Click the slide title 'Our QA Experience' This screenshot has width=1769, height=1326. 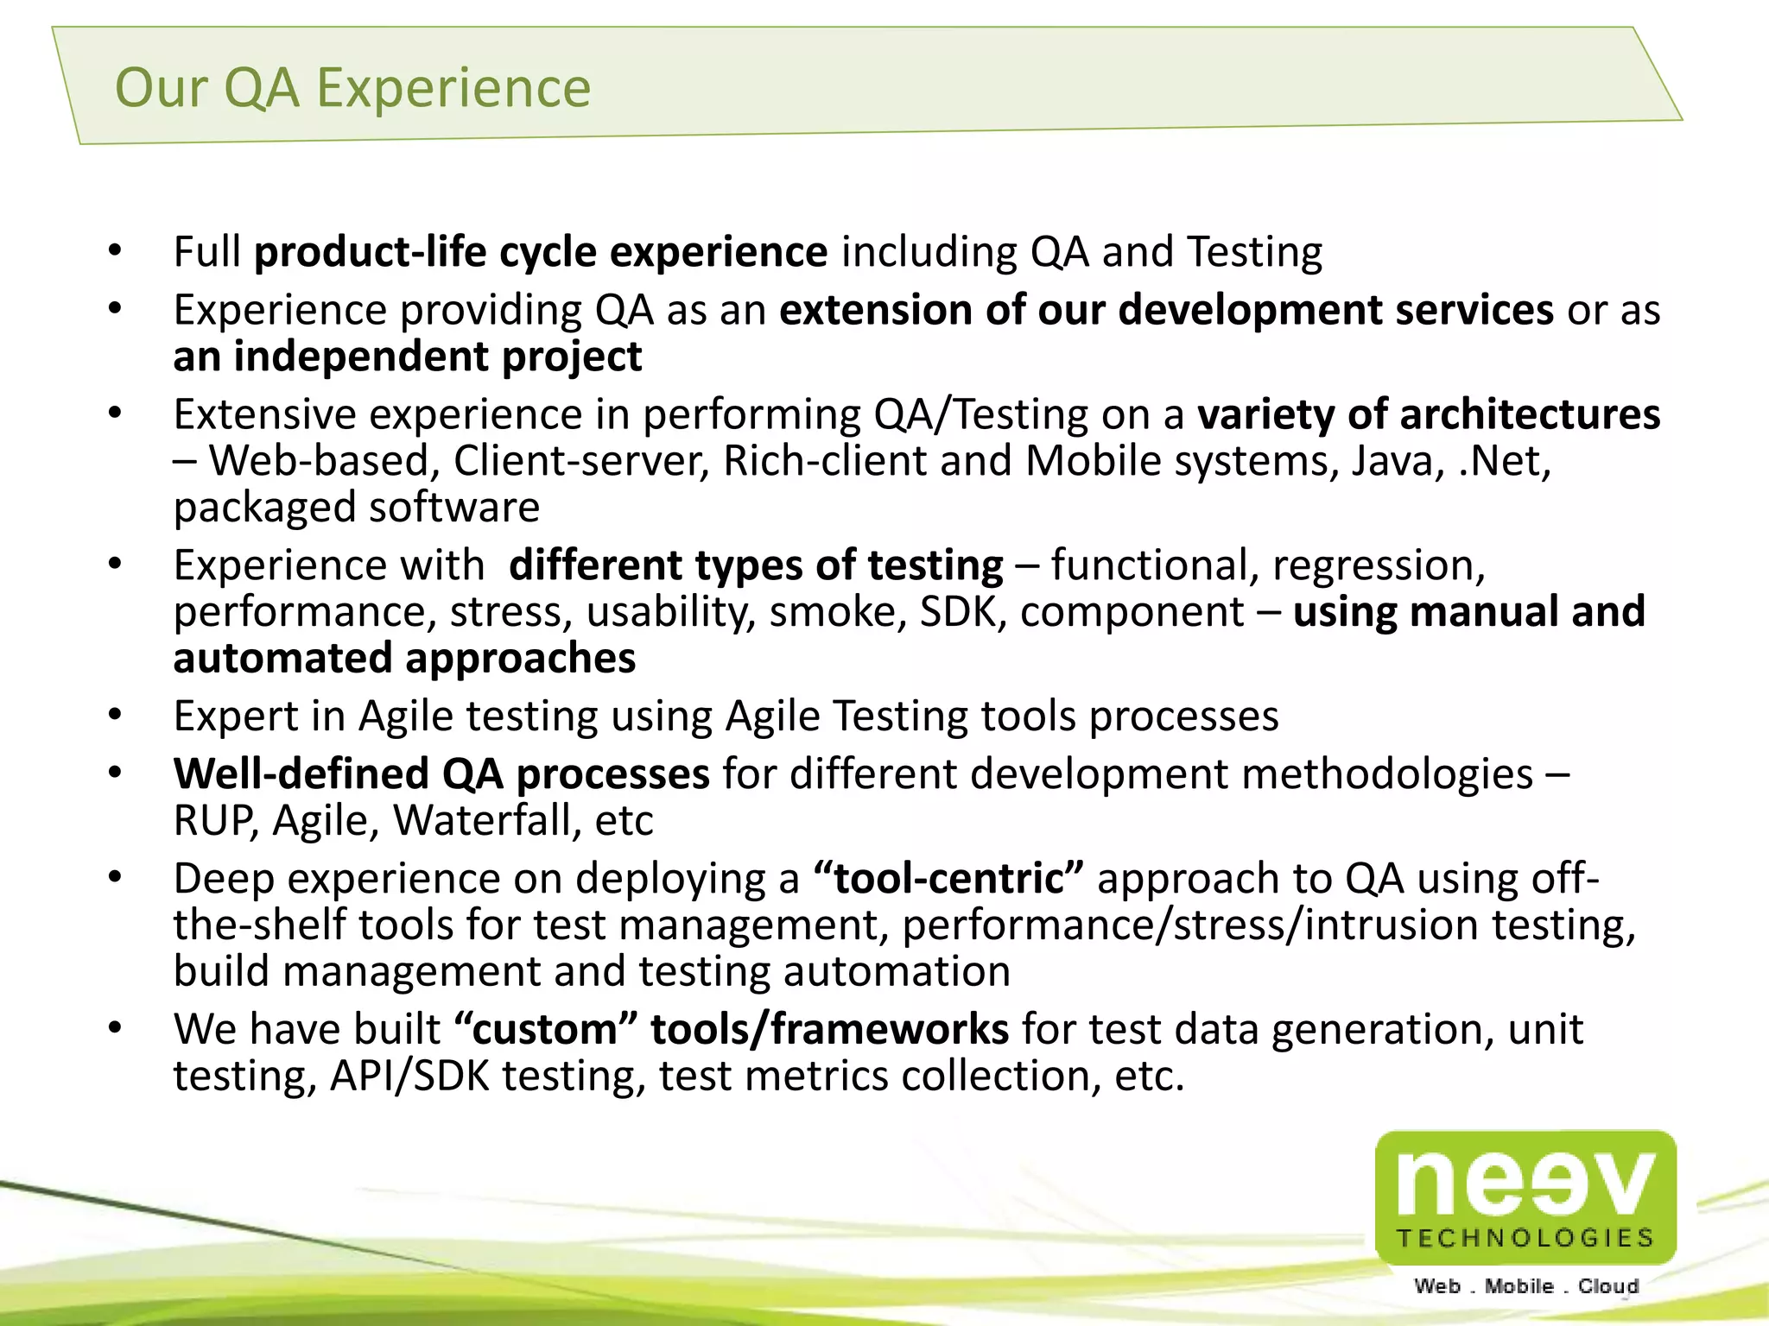[352, 88]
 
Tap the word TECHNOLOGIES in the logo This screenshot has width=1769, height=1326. [1525, 1238]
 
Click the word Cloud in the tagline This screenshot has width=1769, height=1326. [1608, 1286]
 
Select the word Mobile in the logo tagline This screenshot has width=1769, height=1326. [1519, 1286]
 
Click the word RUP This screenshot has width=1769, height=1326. [214, 821]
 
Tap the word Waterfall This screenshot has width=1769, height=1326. [488, 821]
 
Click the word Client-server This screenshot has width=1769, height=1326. [580, 461]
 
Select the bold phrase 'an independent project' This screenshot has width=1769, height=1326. [407, 357]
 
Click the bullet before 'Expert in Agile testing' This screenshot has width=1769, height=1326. [116, 716]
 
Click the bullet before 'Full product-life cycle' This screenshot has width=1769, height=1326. [116, 251]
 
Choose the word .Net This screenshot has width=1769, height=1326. [1504, 461]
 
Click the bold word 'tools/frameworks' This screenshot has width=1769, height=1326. [829, 1030]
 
